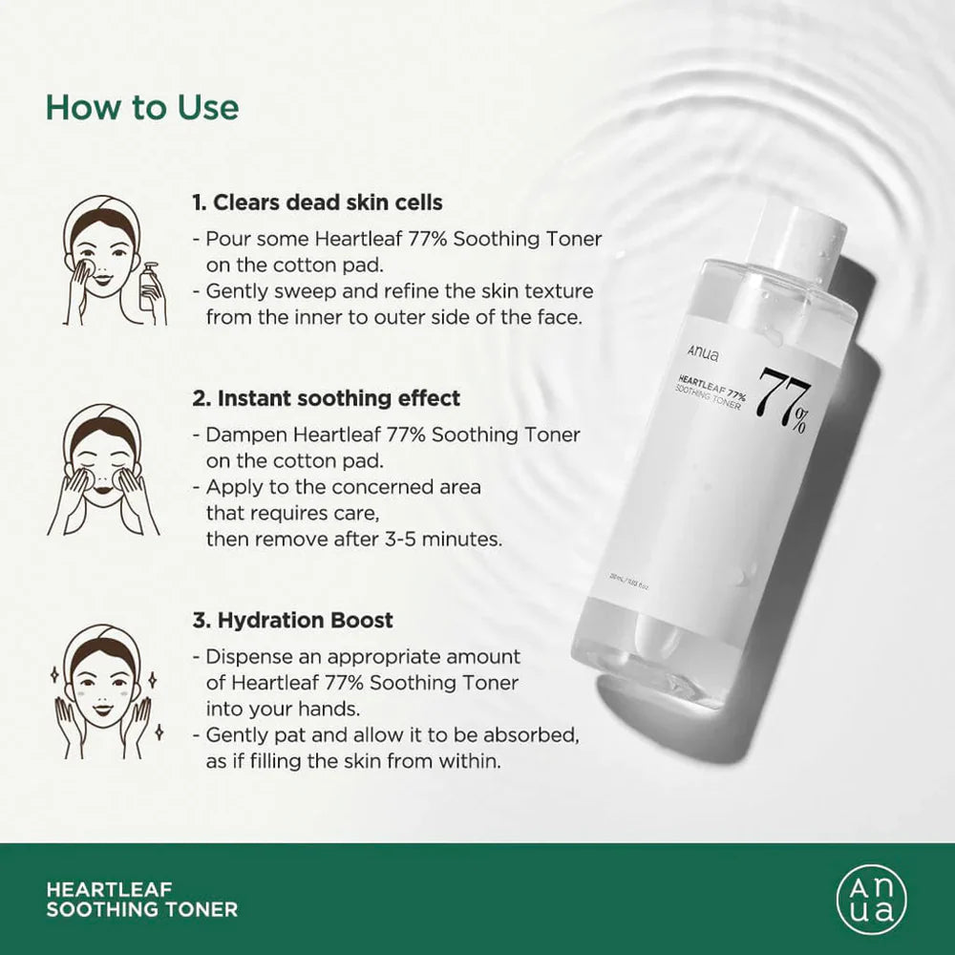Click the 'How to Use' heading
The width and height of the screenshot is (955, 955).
click(x=142, y=107)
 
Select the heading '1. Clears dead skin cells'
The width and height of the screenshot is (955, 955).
click(x=317, y=202)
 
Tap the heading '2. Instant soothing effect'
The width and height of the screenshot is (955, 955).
click(x=327, y=398)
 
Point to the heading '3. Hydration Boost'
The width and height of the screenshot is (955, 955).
click(x=292, y=620)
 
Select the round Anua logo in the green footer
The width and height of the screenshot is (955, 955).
click(x=871, y=899)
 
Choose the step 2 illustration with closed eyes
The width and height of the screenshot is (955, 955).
click(x=103, y=469)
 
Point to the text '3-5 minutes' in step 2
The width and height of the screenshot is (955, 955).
click(x=452, y=539)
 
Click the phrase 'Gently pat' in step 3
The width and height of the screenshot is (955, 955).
click(x=253, y=736)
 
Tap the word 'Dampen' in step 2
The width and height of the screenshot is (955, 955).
click(x=239, y=435)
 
